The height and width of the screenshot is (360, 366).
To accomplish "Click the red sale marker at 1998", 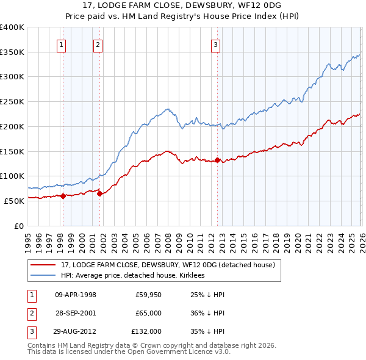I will pos(63,196).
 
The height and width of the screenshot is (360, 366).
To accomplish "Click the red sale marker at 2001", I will pos(100,193).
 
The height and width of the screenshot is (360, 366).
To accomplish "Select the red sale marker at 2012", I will pos(217,160).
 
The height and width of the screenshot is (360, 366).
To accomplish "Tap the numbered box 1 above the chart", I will pos(62,43).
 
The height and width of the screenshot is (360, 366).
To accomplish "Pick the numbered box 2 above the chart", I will pos(98,43).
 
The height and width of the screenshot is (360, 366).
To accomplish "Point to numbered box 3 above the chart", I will pos(216,43).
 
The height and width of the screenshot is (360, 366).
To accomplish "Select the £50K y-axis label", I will pos(14,201).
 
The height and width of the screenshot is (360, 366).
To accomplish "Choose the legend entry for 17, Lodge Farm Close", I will pos(168,265).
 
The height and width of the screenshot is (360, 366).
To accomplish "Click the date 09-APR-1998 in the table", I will pos(76,295).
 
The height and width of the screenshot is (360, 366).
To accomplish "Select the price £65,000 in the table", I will pos(148,313).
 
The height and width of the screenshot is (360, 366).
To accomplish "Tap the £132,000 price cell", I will pos(146,331).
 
